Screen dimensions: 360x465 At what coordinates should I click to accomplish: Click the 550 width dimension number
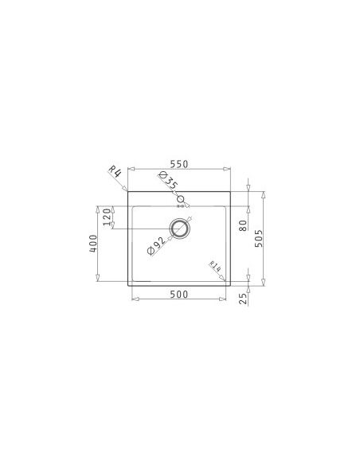[x=179, y=164]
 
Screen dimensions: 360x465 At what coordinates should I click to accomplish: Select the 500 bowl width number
[x=179, y=294]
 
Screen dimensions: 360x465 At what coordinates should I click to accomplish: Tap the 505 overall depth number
[x=259, y=238]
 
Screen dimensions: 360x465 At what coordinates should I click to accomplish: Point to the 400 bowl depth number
[x=93, y=244]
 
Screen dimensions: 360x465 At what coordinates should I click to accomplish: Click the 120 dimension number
[x=107, y=217]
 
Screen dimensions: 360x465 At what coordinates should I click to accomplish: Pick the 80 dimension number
[x=243, y=225]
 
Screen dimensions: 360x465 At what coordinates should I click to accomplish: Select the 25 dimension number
[x=243, y=299]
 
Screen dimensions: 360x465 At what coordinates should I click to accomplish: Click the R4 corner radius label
[x=115, y=172]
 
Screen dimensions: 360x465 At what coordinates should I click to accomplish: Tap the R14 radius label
[x=215, y=266]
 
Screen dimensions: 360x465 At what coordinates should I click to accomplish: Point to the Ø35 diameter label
[x=168, y=181]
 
